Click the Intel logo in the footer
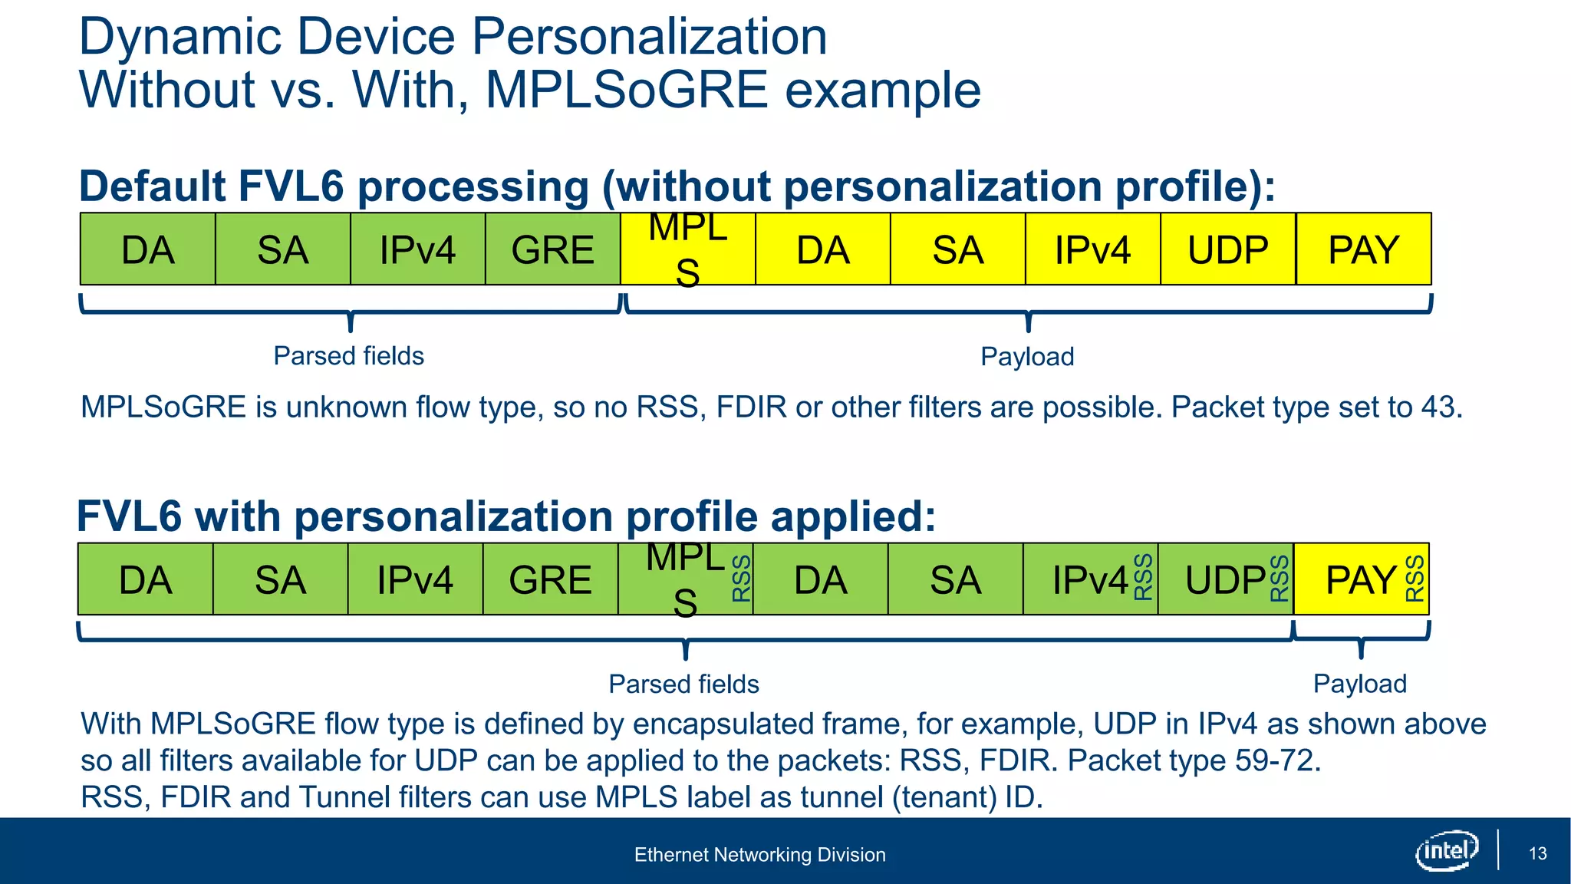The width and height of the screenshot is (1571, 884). [x=1446, y=850]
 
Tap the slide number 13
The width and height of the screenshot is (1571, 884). [x=1537, y=853]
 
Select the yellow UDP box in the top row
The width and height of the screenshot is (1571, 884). [x=1227, y=250]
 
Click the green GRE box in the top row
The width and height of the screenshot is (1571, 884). [x=552, y=250]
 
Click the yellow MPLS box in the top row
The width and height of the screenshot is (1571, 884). [x=687, y=250]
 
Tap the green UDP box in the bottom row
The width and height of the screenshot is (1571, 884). [x=1225, y=580]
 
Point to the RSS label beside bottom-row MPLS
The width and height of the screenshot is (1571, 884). [x=741, y=579]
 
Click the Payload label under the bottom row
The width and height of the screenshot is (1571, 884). [x=1359, y=684]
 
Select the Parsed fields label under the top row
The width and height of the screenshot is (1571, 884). [x=348, y=356]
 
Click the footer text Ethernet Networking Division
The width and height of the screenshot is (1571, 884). [x=759, y=855]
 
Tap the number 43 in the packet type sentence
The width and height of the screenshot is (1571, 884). [x=1438, y=407]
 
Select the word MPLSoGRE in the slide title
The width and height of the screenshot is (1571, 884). [x=626, y=90]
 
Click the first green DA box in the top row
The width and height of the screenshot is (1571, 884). [x=147, y=250]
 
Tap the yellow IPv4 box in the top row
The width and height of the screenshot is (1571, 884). [x=1092, y=250]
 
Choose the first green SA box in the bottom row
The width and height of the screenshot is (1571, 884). [x=280, y=580]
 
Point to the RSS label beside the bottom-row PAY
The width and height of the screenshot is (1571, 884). [x=1415, y=579]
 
